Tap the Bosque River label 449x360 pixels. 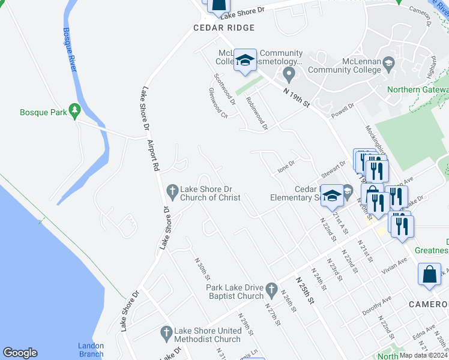[x=68, y=49]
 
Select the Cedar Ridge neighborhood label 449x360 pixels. [x=224, y=28]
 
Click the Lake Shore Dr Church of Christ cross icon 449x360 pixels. [x=172, y=193]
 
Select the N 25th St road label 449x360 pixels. [x=304, y=290]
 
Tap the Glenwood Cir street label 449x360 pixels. [x=218, y=103]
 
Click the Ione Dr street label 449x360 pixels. [x=286, y=166]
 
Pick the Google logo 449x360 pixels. [x=20, y=353]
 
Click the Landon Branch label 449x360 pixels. [x=91, y=350]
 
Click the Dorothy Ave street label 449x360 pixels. [x=378, y=306]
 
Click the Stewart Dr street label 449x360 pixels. [x=334, y=166]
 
